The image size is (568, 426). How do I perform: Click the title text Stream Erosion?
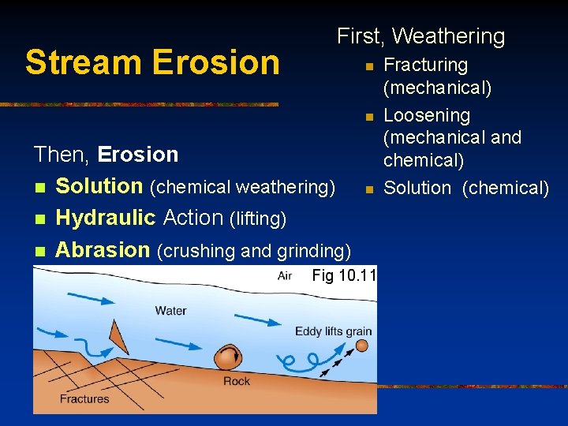[x=152, y=62]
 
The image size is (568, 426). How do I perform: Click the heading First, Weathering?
[x=420, y=36]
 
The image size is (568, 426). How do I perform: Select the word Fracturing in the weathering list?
[x=425, y=65]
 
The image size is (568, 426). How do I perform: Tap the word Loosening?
[x=426, y=115]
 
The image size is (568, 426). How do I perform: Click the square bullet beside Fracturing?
[x=368, y=67]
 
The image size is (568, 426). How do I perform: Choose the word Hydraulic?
[x=106, y=218]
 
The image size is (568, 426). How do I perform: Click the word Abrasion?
[x=103, y=250]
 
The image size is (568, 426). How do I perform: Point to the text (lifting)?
[x=257, y=219]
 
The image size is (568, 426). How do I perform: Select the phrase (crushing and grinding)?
[x=254, y=252]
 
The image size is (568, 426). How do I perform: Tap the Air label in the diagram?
[x=285, y=275]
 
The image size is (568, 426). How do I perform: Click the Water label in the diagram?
[x=170, y=310]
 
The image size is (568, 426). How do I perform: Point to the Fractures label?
[x=84, y=398]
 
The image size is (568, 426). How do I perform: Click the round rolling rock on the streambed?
[x=229, y=357]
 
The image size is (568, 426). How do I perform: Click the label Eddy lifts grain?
[x=333, y=331]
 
